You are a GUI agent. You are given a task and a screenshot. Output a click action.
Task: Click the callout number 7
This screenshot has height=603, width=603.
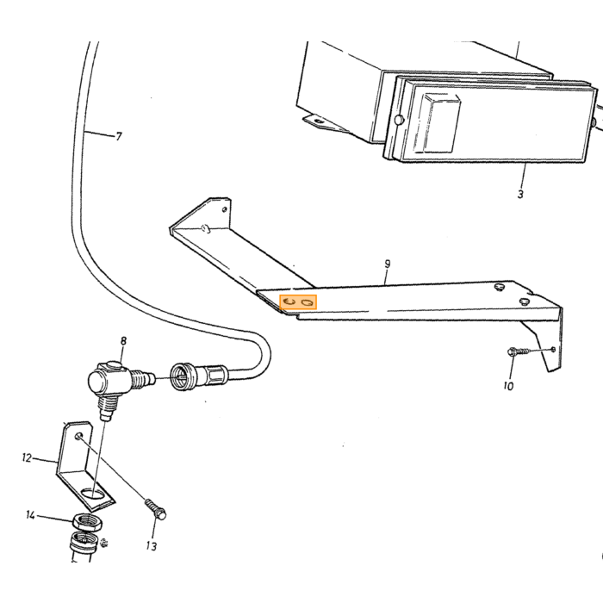click(119, 136)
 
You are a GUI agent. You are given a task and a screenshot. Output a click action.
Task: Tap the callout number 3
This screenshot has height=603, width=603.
click(520, 194)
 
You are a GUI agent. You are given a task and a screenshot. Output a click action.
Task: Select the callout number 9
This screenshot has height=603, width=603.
click(388, 264)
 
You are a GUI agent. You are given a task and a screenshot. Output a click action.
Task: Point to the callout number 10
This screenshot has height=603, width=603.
click(508, 386)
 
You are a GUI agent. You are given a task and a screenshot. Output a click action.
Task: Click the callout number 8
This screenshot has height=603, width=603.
click(123, 341)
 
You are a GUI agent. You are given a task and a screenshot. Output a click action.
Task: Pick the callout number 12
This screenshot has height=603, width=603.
click(27, 458)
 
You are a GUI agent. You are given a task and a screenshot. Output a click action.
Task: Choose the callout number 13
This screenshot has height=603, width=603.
click(152, 546)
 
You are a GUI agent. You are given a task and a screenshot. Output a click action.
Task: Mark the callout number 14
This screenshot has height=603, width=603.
click(31, 515)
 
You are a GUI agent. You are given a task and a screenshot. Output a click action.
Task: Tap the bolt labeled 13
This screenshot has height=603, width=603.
click(156, 509)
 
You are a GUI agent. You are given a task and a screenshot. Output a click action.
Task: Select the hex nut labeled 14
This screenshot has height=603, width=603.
click(87, 522)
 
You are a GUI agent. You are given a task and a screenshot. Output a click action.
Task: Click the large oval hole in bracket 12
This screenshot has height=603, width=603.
click(93, 494)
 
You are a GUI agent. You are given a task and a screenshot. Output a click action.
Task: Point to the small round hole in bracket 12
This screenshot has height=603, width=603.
click(79, 436)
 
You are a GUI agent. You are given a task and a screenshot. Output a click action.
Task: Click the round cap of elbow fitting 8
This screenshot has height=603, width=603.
click(98, 381)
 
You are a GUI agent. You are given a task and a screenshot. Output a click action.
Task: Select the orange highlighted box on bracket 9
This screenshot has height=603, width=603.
click(298, 301)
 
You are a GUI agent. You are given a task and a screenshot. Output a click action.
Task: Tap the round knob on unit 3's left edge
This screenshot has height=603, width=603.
click(399, 120)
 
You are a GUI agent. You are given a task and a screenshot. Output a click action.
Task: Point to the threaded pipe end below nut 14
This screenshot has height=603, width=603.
click(82, 546)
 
